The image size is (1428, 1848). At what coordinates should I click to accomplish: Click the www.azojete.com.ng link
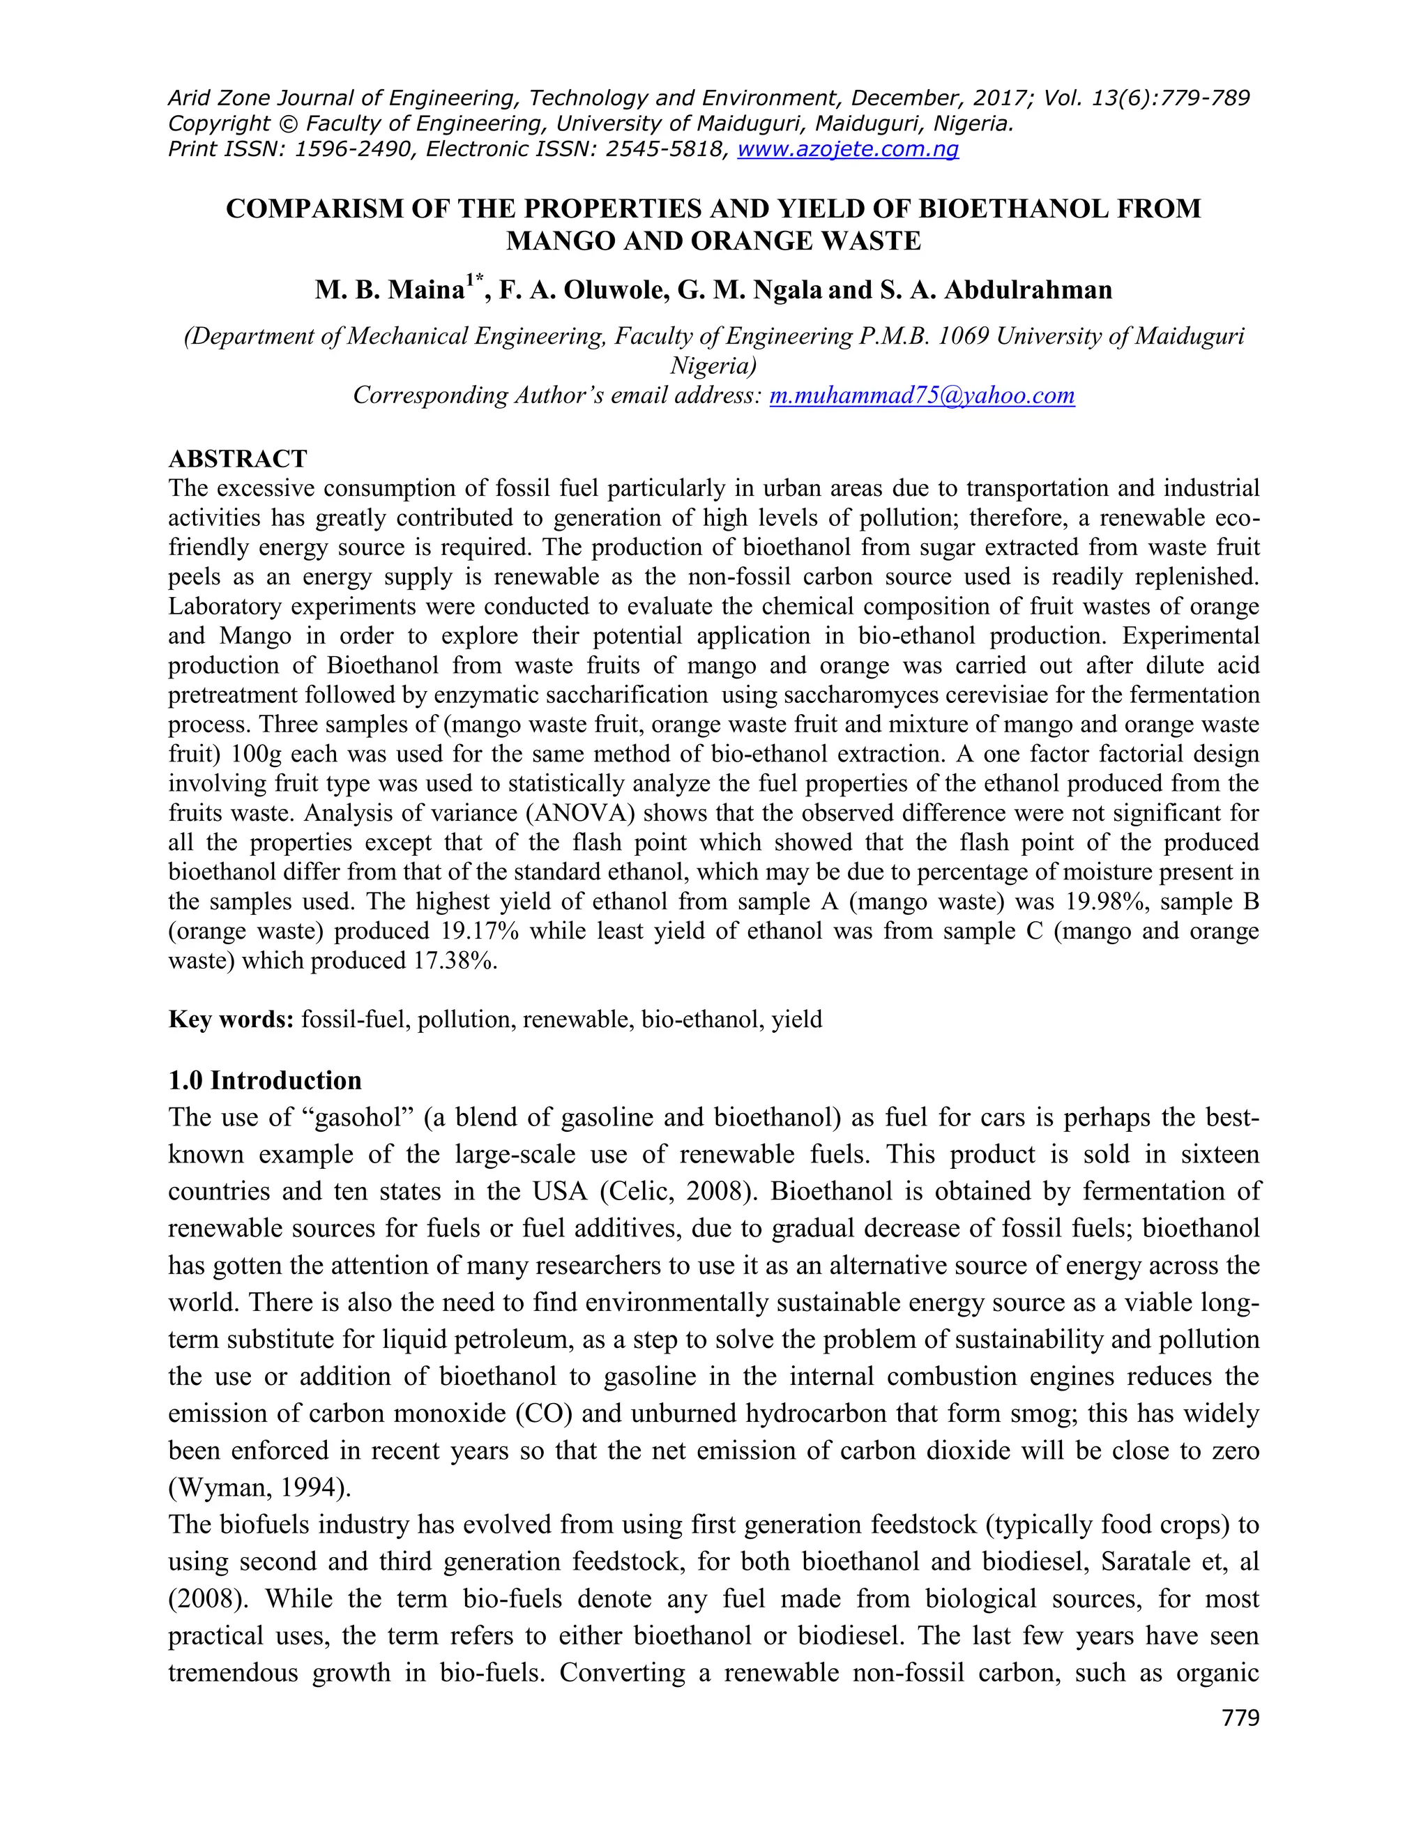(848, 150)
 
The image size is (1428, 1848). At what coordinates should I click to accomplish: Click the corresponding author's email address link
(921, 395)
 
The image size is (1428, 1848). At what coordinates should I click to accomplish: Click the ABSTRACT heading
(238, 459)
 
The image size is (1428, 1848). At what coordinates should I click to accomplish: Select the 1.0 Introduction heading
(265, 1080)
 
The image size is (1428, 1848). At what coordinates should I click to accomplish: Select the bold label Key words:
(231, 1019)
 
